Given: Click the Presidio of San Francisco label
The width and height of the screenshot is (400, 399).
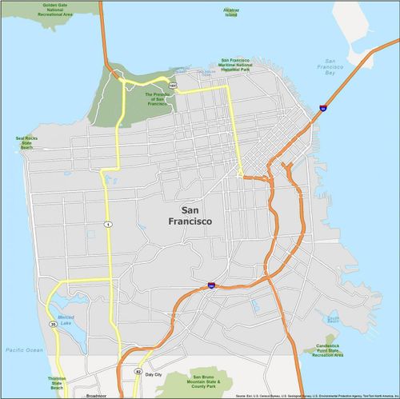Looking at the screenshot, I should click(x=156, y=98).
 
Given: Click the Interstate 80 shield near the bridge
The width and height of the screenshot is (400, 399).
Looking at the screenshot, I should click(x=322, y=107).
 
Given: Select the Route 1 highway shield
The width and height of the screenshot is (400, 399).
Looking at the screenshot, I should click(x=106, y=224).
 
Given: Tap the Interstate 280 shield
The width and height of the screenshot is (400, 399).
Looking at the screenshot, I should click(x=210, y=284).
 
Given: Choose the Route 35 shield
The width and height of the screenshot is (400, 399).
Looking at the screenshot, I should click(x=53, y=324).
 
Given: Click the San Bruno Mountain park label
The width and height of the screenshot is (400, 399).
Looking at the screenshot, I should click(x=210, y=381).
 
